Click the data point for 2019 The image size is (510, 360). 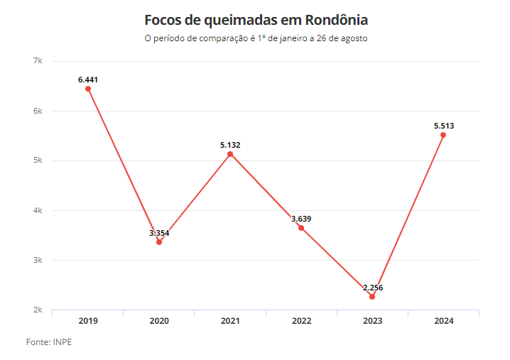(88, 89)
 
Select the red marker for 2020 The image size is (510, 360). (159, 242)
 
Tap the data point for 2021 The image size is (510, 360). (230, 154)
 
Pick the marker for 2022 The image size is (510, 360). (301, 228)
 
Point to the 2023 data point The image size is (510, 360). (372, 297)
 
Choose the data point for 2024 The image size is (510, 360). (443, 135)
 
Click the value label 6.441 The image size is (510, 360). (88, 80)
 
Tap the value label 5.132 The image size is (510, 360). (230, 145)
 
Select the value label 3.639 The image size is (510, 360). (301, 219)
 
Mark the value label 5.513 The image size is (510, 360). (444, 126)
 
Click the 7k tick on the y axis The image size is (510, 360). (38, 61)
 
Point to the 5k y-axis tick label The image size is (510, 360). (38, 160)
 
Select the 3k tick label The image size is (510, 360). (38, 261)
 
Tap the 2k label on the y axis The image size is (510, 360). (38, 310)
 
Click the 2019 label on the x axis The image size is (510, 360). (88, 321)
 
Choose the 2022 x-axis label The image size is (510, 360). (301, 321)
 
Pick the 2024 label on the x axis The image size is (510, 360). (443, 321)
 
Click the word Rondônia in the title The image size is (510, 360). (332, 19)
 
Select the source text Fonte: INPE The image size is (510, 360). (49, 342)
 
